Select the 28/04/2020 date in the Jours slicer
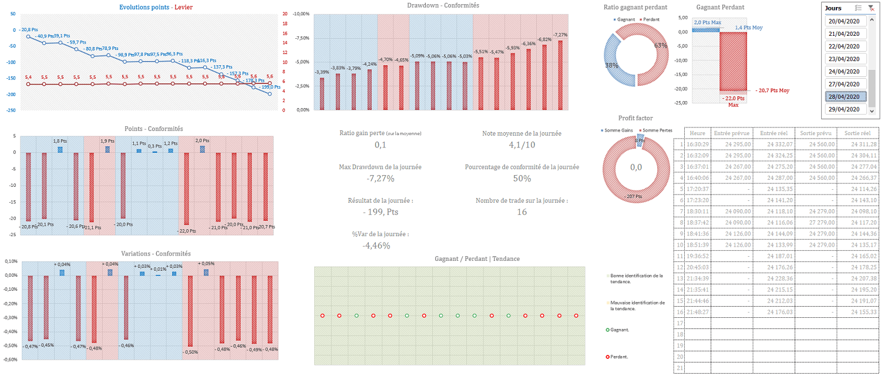pos(846,97)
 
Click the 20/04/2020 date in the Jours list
pos(846,21)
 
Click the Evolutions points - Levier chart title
pos(156,7)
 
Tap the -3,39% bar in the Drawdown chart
pos(322,93)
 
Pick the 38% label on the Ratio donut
pos(611,66)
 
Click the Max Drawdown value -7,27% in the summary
pos(380,179)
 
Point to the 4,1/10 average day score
pos(522,145)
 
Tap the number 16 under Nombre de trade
pos(522,211)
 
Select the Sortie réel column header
pos(857,133)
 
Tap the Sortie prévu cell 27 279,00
pos(815,223)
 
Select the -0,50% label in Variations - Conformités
pos(191,352)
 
